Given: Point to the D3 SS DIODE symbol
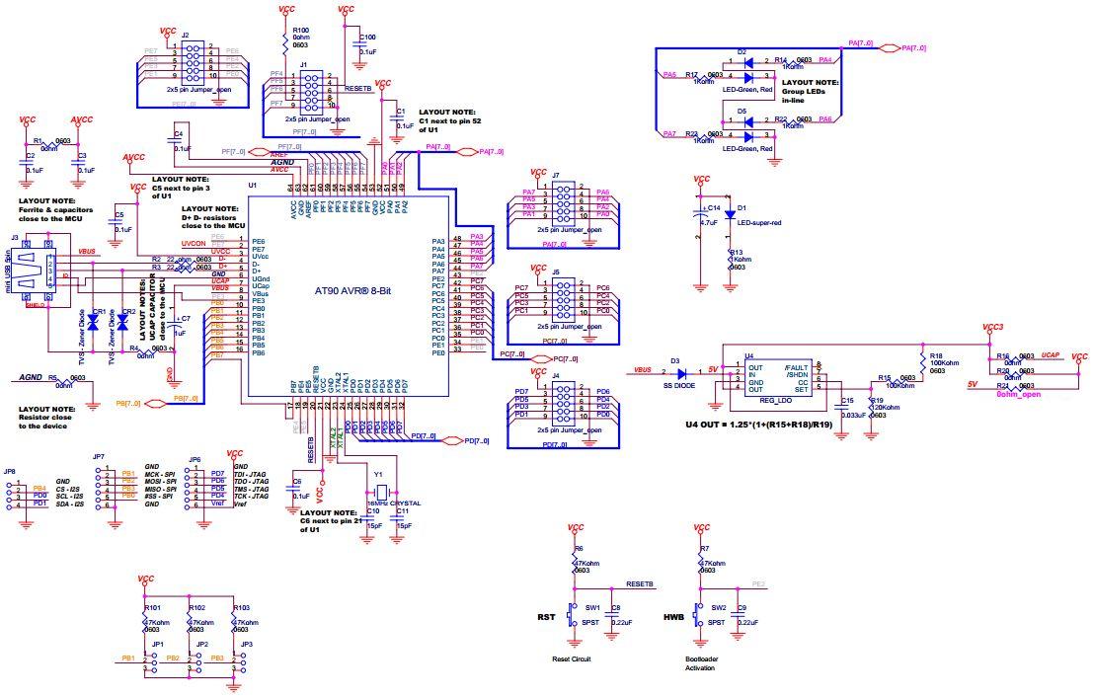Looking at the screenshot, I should (x=677, y=371).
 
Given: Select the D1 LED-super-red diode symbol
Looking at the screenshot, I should (x=730, y=214).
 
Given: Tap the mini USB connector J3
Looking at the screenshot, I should (x=30, y=273).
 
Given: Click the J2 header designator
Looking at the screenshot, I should (x=185, y=35).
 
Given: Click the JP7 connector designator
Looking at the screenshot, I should (x=98, y=457).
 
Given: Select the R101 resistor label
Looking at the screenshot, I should (x=152, y=607).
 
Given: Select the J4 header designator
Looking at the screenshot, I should (x=556, y=375).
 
